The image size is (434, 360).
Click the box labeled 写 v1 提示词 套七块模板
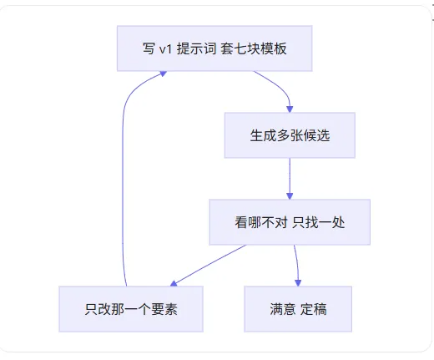tap(214, 48)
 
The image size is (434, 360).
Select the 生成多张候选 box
tap(290, 135)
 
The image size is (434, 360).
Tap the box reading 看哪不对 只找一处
tap(290, 222)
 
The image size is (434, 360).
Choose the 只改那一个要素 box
tap(131, 309)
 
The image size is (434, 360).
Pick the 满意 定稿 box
tap(298, 309)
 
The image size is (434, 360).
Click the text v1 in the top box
tap(165, 49)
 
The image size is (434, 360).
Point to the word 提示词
tap(196, 48)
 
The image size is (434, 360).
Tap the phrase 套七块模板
tap(254, 48)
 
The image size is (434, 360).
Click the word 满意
tap(283, 309)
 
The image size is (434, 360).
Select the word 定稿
tap(314, 309)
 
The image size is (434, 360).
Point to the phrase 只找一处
tap(319, 222)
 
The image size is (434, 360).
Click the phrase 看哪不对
tap(261, 222)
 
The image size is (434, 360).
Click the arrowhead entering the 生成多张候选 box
tap(290, 109)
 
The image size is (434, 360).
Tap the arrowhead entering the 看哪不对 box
tap(290, 196)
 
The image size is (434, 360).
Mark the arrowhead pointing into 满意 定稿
tap(298, 283)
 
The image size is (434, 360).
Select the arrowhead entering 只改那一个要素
tap(174, 284)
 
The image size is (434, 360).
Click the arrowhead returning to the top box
tap(163, 74)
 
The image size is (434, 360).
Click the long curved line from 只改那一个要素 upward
tap(123, 178)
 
